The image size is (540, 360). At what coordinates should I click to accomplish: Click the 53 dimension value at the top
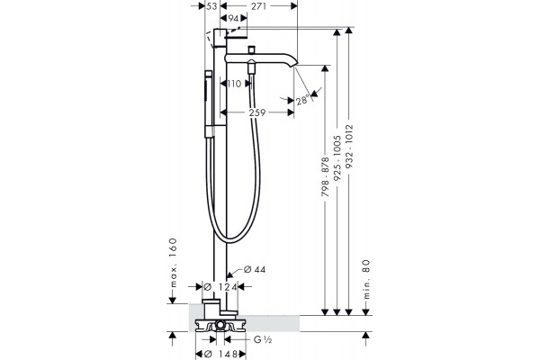pyautogui.click(x=212, y=6)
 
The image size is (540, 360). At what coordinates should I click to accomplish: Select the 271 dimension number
pyautogui.click(x=258, y=6)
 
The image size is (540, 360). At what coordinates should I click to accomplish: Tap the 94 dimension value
pyautogui.click(x=234, y=18)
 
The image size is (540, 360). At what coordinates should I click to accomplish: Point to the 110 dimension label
pyautogui.click(x=234, y=84)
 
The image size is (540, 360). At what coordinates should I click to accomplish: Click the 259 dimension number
pyautogui.click(x=257, y=112)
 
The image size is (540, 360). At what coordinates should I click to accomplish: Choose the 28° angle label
pyautogui.click(x=302, y=101)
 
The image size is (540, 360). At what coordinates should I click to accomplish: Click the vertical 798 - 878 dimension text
pyautogui.click(x=326, y=176)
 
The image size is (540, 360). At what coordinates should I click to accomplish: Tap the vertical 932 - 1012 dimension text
pyautogui.click(x=349, y=147)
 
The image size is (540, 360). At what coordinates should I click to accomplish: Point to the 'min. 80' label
pyautogui.click(x=366, y=279)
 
